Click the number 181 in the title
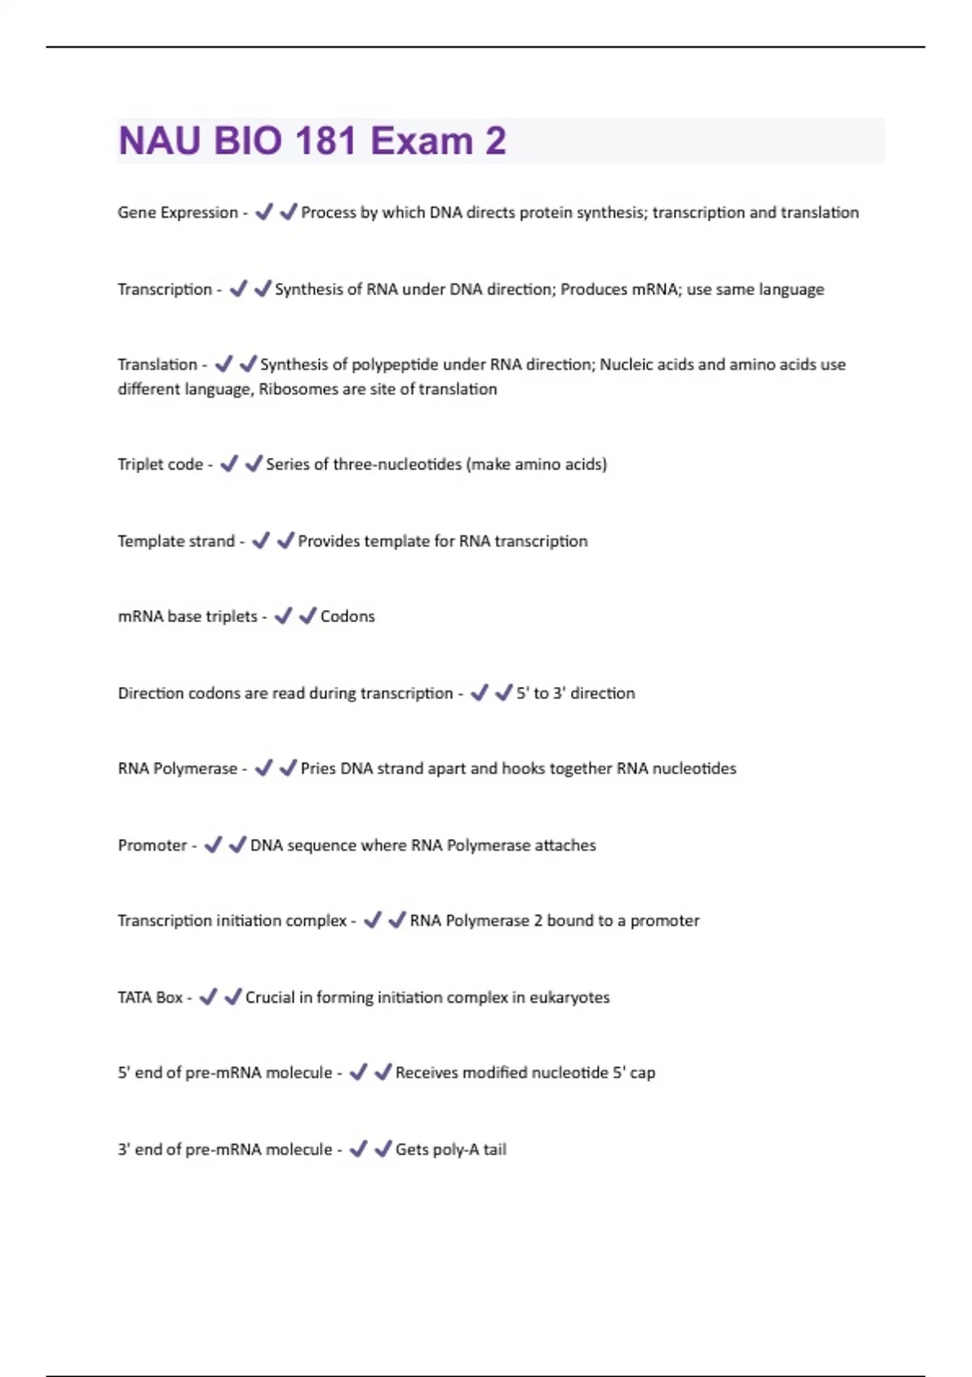coord(326,141)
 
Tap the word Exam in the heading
coord(421,141)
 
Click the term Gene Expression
coord(177,212)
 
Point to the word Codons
coord(347,616)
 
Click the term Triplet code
coord(160,464)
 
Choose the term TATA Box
coord(150,997)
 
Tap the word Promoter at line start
coord(152,845)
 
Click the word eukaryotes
coord(569,997)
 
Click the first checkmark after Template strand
coord(261,540)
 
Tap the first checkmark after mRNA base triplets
coord(283,616)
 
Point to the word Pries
coord(318,769)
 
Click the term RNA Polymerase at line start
coord(177,769)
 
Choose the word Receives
coord(427,1072)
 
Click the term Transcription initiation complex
coord(232,921)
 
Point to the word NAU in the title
coord(160,141)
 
